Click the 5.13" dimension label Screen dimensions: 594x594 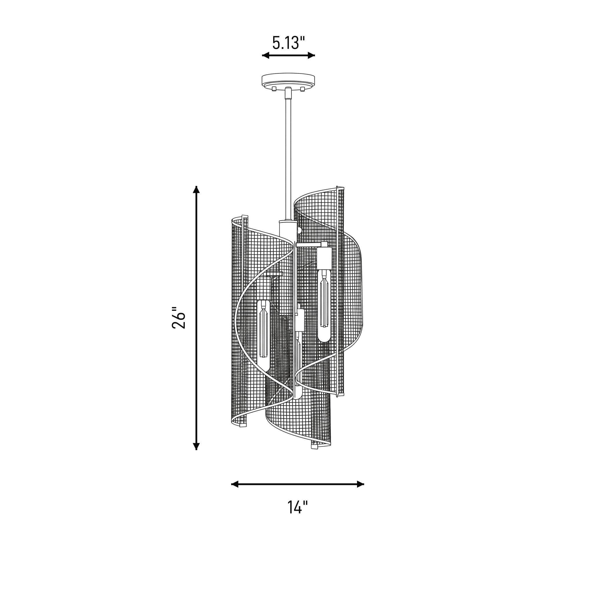(288, 43)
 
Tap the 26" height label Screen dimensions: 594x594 (179, 318)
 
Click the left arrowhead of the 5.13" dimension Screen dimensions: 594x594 (266, 55)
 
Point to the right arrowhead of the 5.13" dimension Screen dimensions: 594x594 (311, 55)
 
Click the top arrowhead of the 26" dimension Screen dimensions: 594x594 (196, 189)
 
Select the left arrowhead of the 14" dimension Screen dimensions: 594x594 (235, 484)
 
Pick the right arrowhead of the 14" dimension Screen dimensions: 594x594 (360, 484)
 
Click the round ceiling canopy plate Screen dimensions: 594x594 (288, 80)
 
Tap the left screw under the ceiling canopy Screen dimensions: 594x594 (274, 89)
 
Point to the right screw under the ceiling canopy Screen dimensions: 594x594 (303, 89)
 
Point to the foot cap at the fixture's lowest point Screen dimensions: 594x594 (314, 445)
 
